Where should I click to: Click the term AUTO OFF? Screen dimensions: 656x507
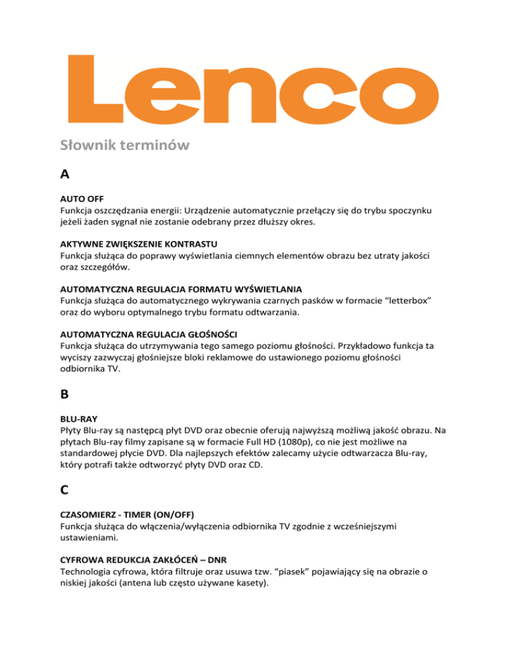(84, 199)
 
